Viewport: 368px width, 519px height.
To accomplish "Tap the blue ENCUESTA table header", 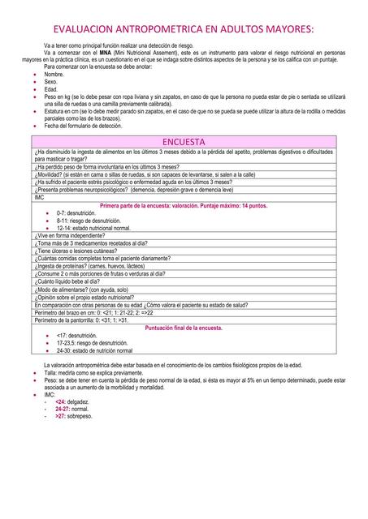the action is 184,141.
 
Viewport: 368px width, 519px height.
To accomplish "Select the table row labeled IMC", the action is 40,197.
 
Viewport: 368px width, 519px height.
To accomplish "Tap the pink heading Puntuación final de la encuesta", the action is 183,328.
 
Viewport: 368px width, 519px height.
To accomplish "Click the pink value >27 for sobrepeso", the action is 61,416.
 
